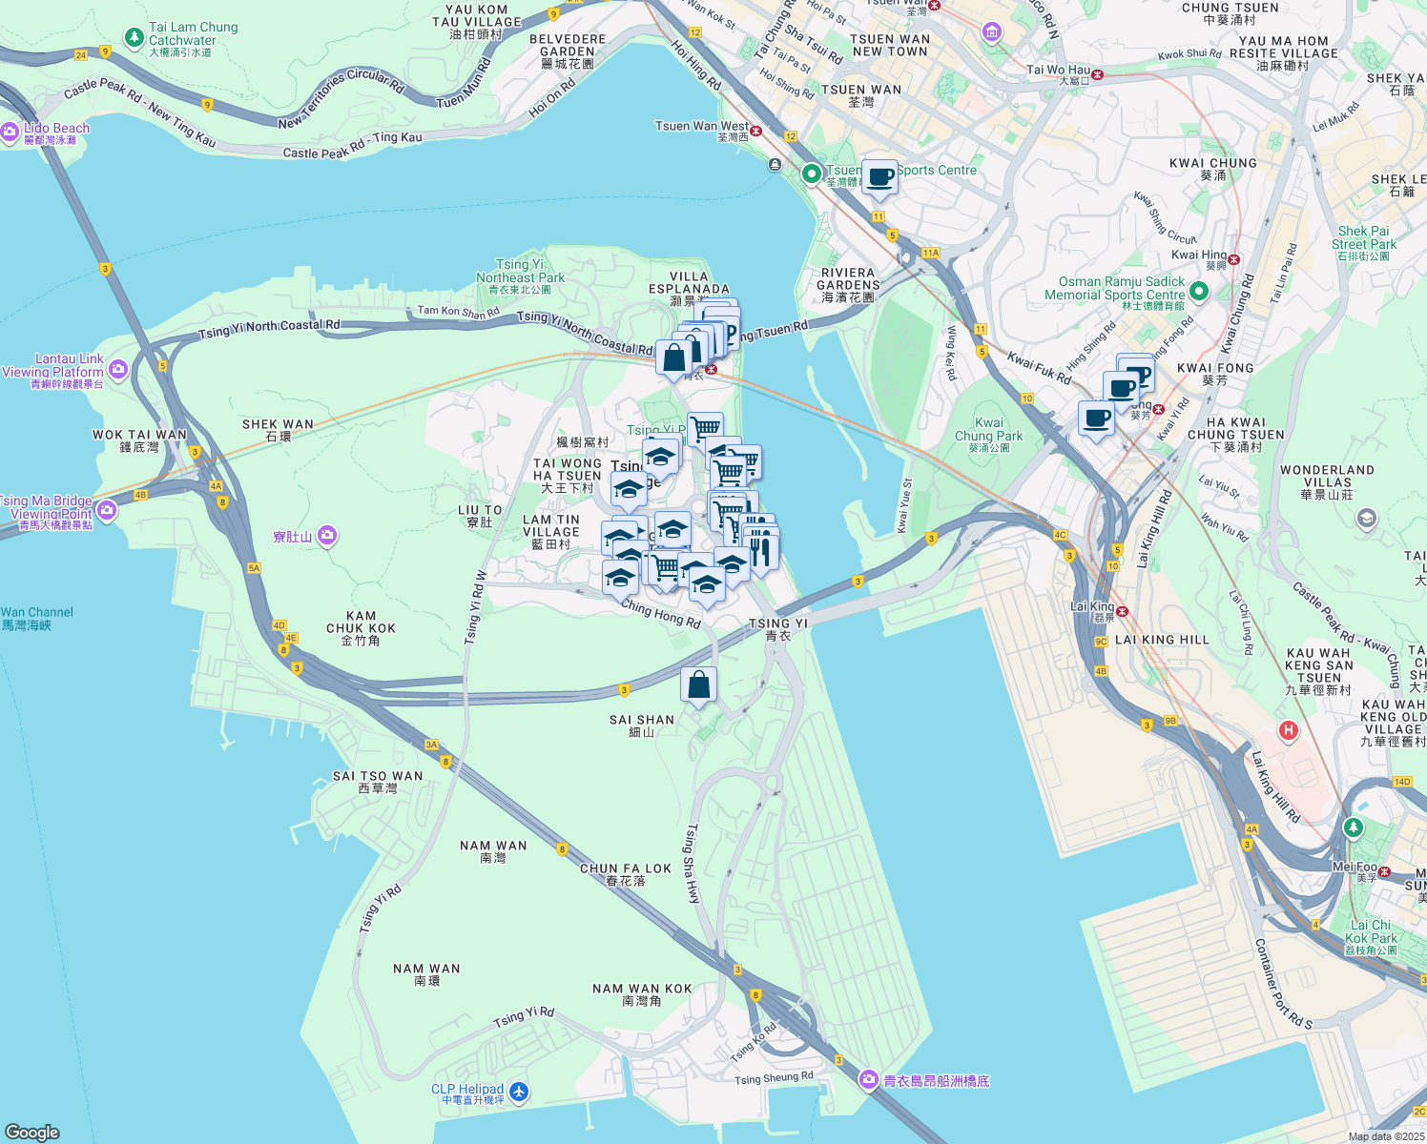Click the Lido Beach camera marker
pyautogui.click(x=10, y=133)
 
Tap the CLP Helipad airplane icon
pyautogui.click(x=518, y=1092)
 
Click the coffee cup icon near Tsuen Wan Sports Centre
pyautogui.click(x=879, y=175)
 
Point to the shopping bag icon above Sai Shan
pyautogui.click(x=698, y=684)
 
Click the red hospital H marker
pyautogui.click(x=1289, y=731)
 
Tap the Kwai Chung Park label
pyautogui.click(x=988, y=435)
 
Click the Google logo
pyautogui.click(x=31, y=1132)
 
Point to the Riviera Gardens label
pyautogui.click(x=848, y=284)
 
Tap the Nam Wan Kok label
pyautogui.click(x=642, y=994)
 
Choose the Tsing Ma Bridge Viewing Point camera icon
pyautogui.click(x=107, y=511)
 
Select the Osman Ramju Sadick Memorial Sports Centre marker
pyautogui.click(x=1199, y=292)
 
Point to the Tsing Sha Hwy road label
pyautogui.click(x=693, y=864)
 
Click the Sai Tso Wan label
pyautogui.click(x=378, y=782)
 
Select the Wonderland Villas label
pyautogui.click(x=1327, y=481)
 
